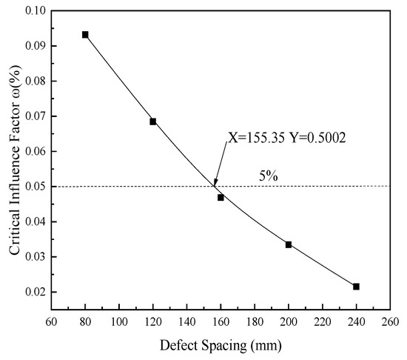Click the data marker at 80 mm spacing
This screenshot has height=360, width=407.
pyautogui.click(x=85, y=35)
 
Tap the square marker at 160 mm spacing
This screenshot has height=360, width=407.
pyautogui.click(x=221, y=198)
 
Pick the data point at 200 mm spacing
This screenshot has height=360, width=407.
pyautogui.click(x=289, y=244)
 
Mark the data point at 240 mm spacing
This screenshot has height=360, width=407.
pyautogui.click(x=356, y=287)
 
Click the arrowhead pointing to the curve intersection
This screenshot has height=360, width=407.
pyautogui.click(x=215, y=183)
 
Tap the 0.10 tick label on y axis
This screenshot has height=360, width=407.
pyautogui.click(x=33, y=11)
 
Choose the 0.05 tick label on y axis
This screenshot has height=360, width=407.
pyautogui.click(x=33, y=187)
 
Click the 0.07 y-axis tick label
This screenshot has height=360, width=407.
pyautogui.click(x=33, y=116)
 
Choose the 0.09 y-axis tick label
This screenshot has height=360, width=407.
pyautogui.click(x=33, y=46)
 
